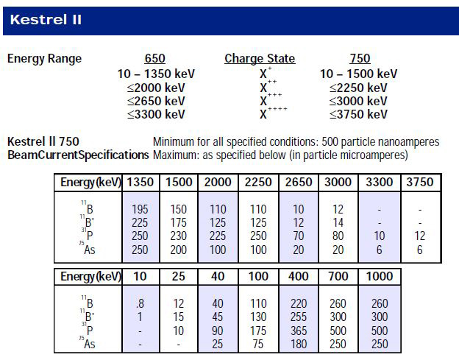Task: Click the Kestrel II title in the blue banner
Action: tap(46, 20)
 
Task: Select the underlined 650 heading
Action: tap(155, 59)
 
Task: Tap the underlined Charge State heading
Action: tap(259, 59)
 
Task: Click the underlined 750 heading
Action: tap(360, 59)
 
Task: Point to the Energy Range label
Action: tap(44, 59)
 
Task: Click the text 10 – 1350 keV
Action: tap(155, 74)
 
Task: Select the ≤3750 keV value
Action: tap(359, 114)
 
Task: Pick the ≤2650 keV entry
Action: tap(156, 101)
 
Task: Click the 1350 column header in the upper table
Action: tap(140, 182)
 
